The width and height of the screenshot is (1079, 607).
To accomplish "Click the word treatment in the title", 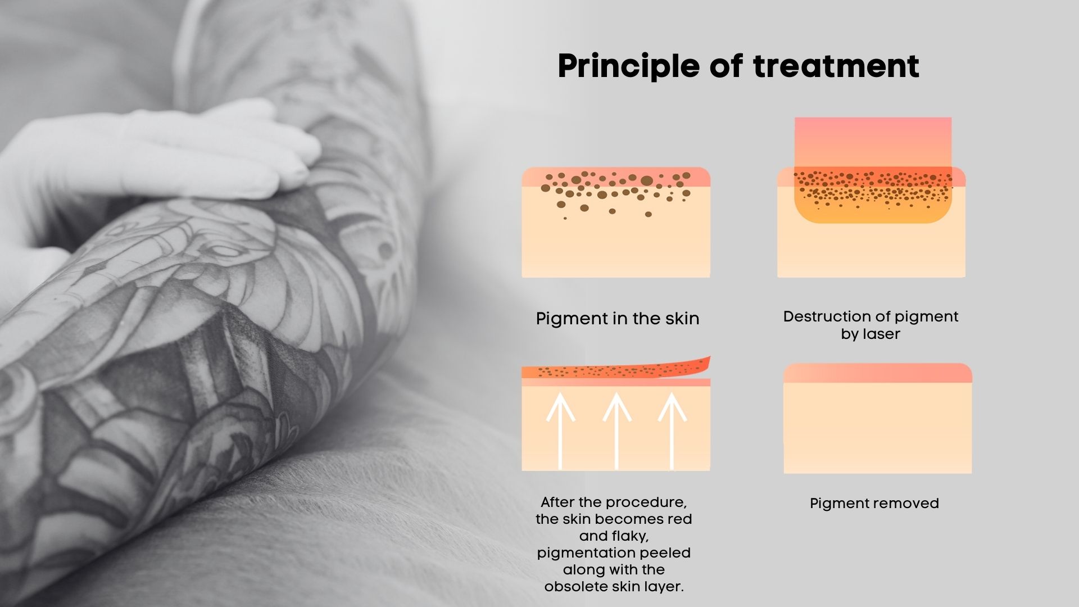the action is (x=836, y=66).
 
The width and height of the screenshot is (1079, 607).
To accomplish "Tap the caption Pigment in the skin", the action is (x=618, y=319).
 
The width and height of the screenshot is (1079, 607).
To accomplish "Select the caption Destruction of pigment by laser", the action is (x=871, y=325).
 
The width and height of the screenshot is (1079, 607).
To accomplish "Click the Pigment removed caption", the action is (x=874, y=503).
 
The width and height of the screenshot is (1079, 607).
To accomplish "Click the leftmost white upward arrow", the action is (x=561, y=431).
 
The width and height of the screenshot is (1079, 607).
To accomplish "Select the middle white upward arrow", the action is (x=616, y=431).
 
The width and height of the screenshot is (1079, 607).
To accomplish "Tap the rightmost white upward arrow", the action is (x=672, y=431).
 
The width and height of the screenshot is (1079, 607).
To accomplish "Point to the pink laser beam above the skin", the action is (x=873, y=143).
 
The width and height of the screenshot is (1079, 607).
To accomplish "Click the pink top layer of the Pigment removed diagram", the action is (x=878, y=373).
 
